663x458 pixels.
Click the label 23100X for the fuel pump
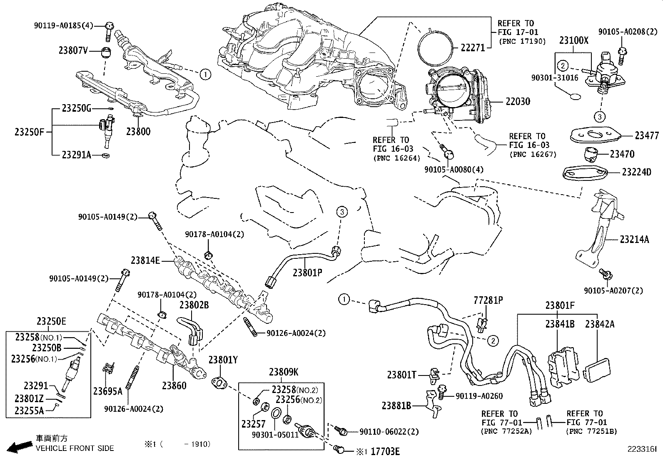coord(573,40)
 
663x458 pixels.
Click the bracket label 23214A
coord(634,239)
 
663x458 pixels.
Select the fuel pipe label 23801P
coord(307,273)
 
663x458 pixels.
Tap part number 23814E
coord(145,261)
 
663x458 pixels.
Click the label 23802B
coord(194,305)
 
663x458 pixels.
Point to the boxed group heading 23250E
coord(51,321)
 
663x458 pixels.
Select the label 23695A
coord(107,391)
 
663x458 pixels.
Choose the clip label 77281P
coord(488,300)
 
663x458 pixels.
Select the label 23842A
coord(599,324)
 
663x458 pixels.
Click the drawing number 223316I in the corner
coord(642,449)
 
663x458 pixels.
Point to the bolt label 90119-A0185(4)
coord(63,26)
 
